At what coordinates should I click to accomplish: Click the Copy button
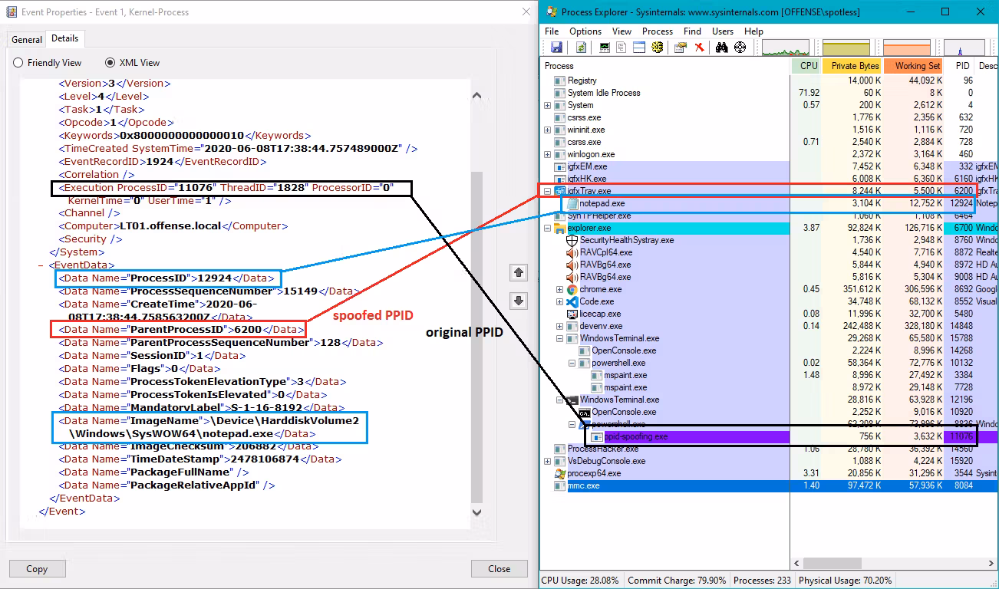37,568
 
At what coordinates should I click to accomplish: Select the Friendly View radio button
18,63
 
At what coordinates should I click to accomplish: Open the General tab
27,39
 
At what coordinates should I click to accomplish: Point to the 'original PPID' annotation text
464,333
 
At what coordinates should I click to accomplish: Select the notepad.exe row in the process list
602,203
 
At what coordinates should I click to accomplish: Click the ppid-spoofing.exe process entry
636,436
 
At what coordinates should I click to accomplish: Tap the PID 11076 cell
961,436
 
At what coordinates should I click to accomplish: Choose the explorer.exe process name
589,228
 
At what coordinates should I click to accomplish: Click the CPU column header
809,66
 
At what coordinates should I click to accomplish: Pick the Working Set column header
917,66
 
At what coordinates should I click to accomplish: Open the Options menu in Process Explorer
585,31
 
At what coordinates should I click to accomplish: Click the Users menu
723,31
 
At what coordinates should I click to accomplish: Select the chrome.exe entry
601,289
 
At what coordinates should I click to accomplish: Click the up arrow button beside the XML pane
519,272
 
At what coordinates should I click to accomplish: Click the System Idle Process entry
604,93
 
